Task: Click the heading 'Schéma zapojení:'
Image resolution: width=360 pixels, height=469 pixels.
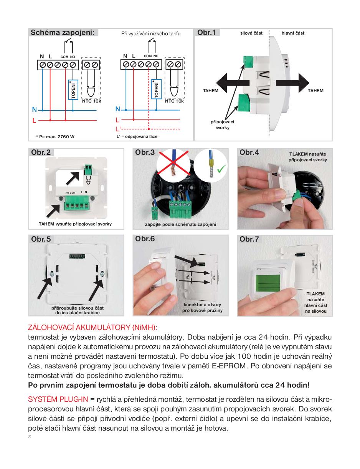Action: point(62,33)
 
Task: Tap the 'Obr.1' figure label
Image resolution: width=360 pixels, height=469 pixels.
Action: point(206,33)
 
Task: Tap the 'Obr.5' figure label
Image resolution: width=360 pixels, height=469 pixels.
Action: point(41,239)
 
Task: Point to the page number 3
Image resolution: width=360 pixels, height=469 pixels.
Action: point(29,437)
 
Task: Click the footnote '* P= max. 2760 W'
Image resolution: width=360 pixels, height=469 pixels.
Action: point(55,136)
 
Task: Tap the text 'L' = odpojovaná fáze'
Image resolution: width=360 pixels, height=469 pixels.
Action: point(137,136)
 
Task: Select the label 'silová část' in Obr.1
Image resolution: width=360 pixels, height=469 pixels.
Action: point(251,33)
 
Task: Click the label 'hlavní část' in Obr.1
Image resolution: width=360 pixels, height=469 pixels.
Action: point(293,33)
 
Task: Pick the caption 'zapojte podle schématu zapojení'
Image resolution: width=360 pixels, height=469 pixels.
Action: point(180,224)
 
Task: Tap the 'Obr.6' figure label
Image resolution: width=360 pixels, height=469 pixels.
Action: point(145,239)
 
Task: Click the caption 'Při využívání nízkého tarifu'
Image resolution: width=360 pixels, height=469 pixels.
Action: point(151,33)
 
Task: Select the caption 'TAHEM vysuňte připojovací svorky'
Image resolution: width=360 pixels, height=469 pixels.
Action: point(75,224)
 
